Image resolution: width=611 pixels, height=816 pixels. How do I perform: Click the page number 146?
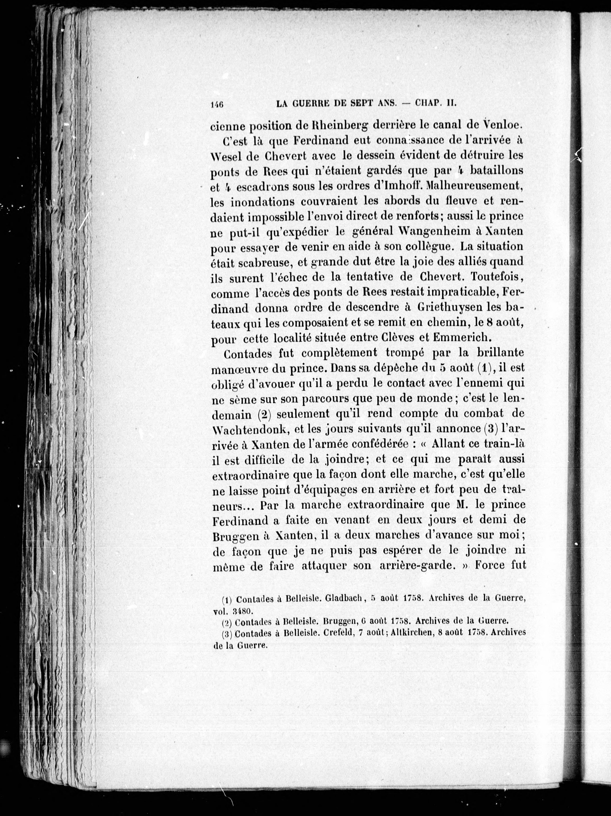pyautogui.click(x=217, y=104)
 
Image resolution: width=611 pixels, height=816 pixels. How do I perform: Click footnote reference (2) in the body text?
pyautogui.click(x=264, y=414)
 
